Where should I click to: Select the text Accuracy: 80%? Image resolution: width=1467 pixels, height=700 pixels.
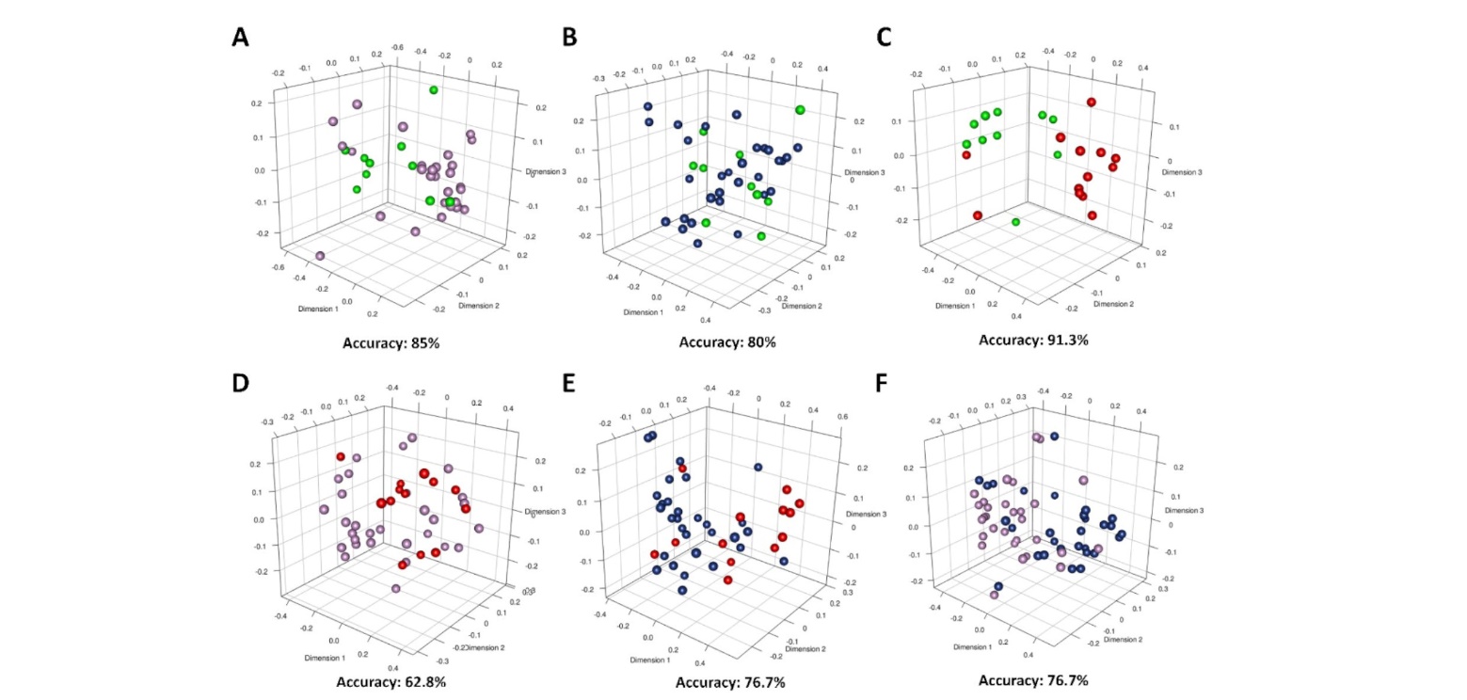click(x=727, y=342)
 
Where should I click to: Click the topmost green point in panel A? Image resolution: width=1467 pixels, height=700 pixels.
click(x=434, y=89)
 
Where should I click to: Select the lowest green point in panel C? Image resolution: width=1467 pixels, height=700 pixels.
click(x=1016, y=222)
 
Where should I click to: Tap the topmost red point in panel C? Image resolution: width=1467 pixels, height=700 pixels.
click(x=1092, y=102)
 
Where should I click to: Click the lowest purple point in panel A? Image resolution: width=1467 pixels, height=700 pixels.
click(x=320, y=256)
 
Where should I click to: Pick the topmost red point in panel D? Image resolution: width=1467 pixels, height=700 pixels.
click(x=341, y=456)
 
